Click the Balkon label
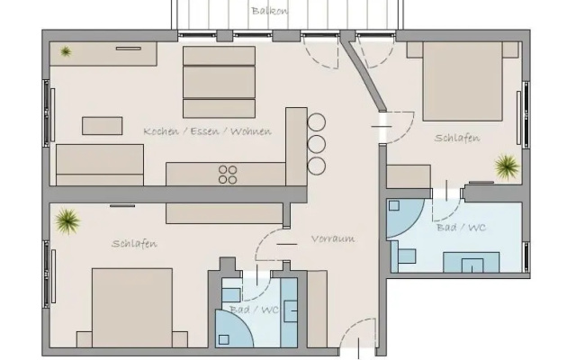(x=270, y=11)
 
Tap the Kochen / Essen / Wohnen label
(x=208, y=131)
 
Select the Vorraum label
(x=333, y=238)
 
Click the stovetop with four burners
(x=228, y=175)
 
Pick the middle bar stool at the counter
(x=316, y=144)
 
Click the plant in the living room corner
(x=66, y=51)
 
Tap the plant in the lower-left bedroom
(x=67, y=221)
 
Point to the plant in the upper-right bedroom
(x=507, y=166)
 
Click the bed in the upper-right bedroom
(x=463, y=81)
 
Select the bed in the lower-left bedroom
(x=132, y=308)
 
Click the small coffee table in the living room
(x=102, y=126)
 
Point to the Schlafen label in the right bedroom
(x=457, y=138)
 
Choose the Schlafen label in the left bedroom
(x=134, y=244)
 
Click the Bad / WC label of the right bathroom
(x=462, y=228)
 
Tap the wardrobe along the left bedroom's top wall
(x=224, y=213)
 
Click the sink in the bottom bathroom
(x=291, y=310)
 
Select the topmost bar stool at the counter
(x=316, y=122)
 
